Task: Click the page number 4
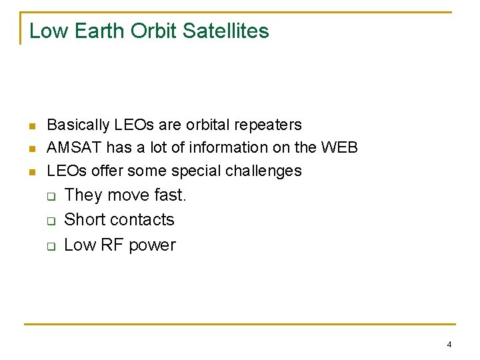(449, 345)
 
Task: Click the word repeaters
(271, 125)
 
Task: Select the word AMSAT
(71, 147)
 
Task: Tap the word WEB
(339, 147)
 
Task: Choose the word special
(196, 171)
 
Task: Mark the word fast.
(171, 195)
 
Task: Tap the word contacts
(143, 220)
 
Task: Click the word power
(153, 245)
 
